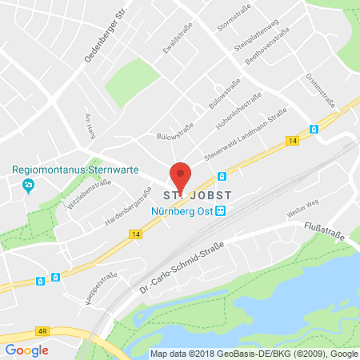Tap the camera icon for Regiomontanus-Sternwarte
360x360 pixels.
29,186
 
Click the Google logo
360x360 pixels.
27,350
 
